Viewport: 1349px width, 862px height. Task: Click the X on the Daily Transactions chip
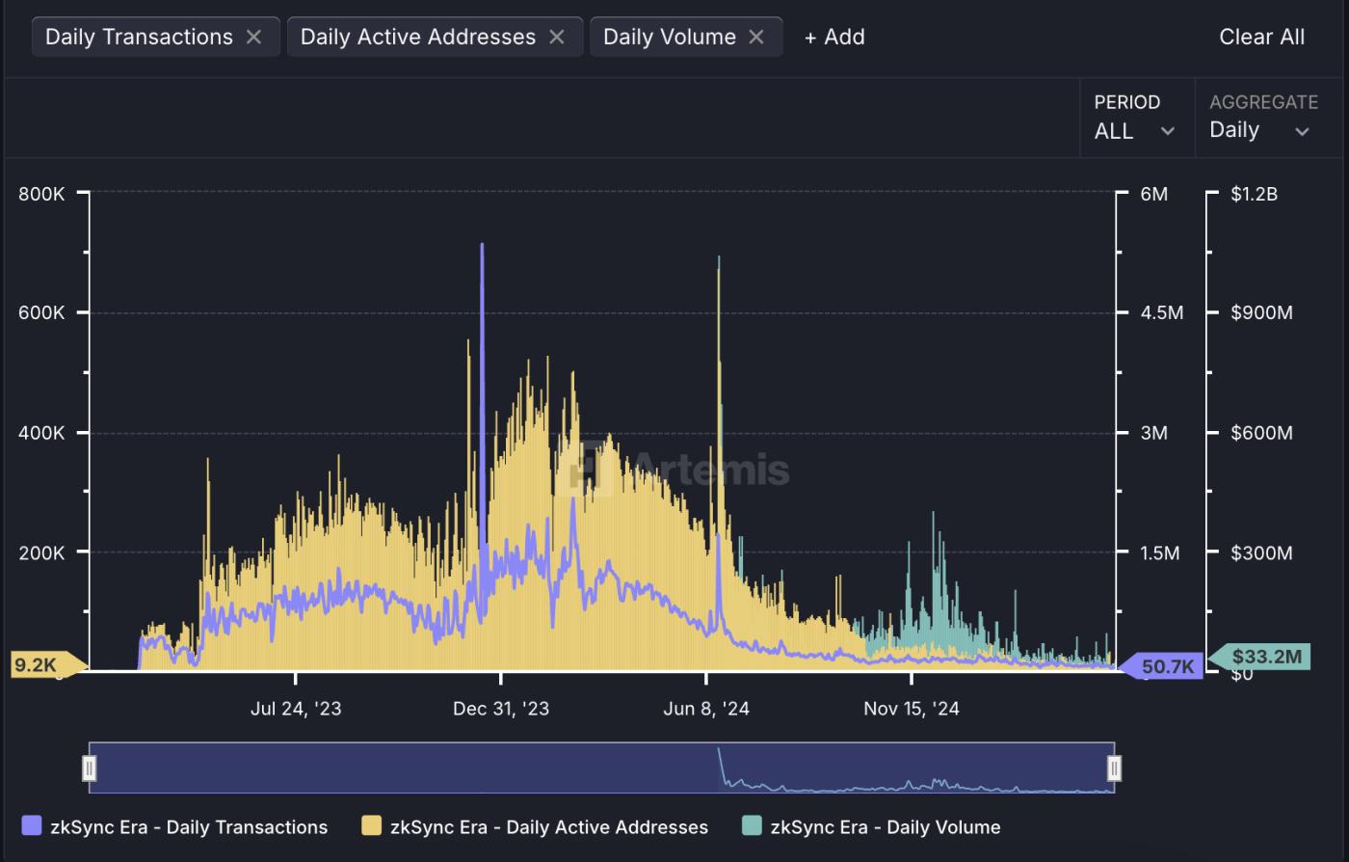click(253, 37)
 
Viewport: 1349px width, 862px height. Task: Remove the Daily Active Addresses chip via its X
click(557, 37)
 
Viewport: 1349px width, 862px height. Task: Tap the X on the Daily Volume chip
click(756, 37)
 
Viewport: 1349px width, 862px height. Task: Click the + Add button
click(834, 37)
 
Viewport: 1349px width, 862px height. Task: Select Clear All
click(1261, 37)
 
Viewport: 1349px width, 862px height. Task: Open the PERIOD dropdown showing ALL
click(1134, 118)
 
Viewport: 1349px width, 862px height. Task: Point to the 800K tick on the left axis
click(41, 194)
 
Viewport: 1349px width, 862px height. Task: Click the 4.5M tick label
click(1162, 313)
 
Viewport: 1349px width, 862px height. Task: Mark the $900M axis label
click(1261, 313)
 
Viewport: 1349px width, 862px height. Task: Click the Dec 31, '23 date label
click(501, 709)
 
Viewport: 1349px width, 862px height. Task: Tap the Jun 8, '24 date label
click(706, 709)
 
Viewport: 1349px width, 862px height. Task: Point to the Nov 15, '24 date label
click(912, 709)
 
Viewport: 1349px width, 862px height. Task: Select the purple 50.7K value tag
click(1167, 665)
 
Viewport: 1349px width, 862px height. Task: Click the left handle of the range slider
click(90, 768)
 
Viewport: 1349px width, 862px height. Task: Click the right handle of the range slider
click(1114, 768)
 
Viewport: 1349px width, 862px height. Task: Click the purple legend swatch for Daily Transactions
click(32, 826)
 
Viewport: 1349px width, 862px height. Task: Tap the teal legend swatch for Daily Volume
click(752, 826)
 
